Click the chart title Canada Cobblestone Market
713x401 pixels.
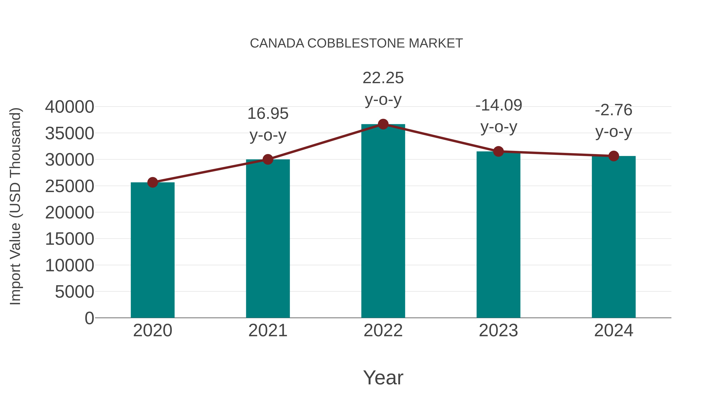(356, 43)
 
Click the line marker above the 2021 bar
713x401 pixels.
(268, 159)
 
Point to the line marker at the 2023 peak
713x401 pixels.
(498, 151)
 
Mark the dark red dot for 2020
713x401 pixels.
(153, 182)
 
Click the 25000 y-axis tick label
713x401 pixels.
(70, 186)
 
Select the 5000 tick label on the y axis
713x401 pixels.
(74, 292)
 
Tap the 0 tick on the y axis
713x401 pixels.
(89, 318)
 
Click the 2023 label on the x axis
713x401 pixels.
(498, 331)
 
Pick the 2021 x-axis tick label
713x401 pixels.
(268, 331)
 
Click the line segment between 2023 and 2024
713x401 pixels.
(556, 154)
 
